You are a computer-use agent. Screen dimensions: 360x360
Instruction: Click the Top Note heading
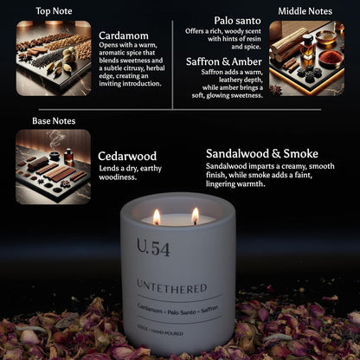pos(54,11)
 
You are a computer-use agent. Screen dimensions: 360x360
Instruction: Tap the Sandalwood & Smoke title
pos(262,153)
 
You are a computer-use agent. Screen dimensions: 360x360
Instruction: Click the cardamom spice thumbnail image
pos(53,58)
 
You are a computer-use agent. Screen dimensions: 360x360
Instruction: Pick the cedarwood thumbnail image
pos(53,166)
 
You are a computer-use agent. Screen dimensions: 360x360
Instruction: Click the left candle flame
pos(157,215)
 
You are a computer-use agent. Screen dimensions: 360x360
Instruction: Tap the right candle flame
pos(195,215)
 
